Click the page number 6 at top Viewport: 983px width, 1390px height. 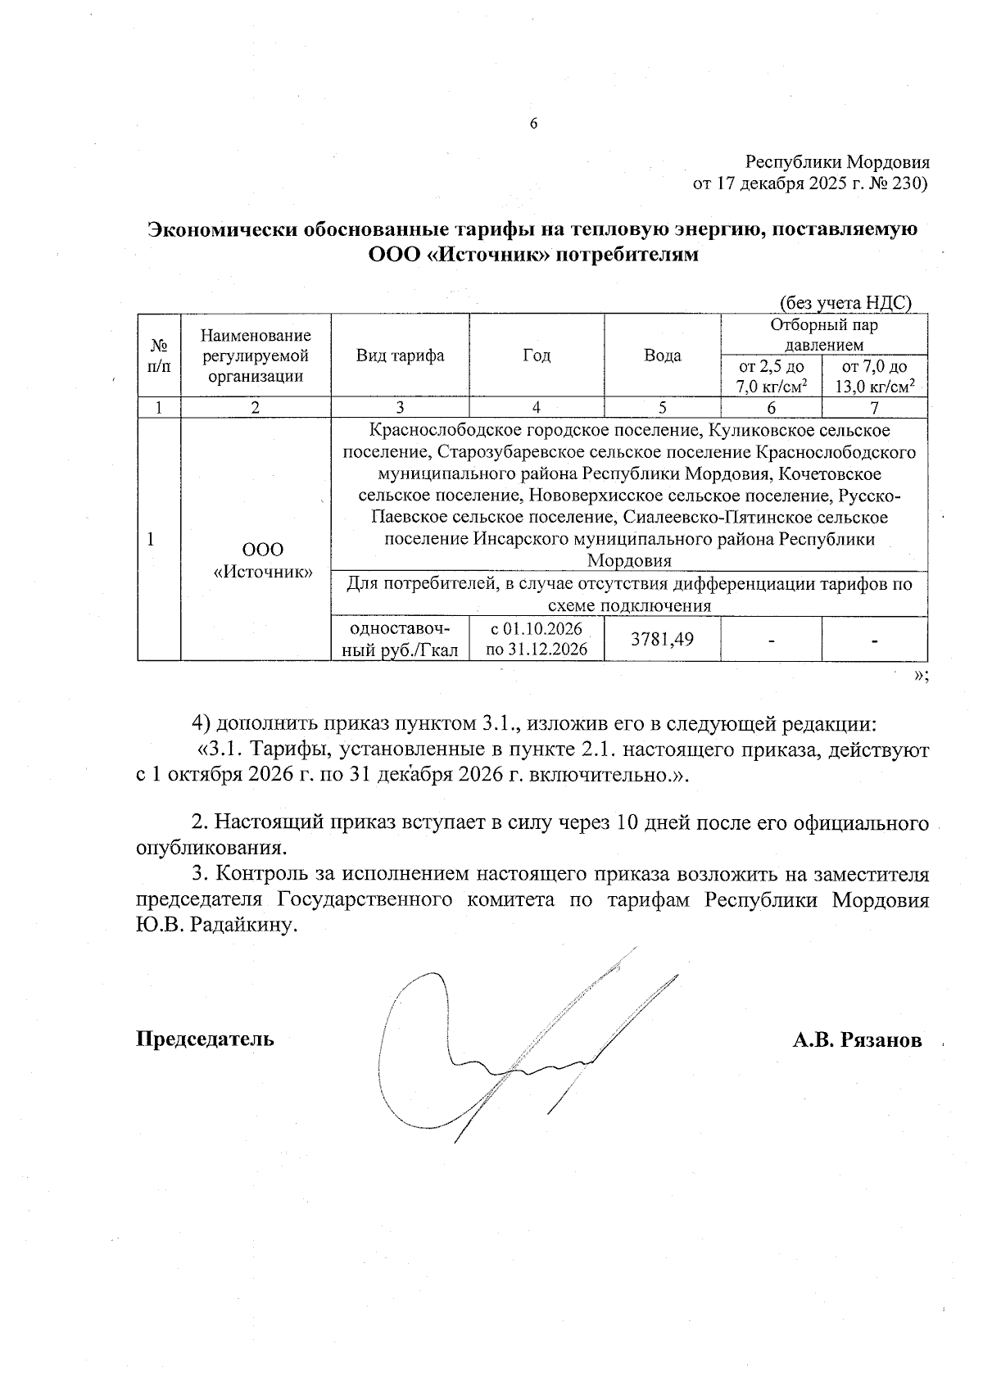[x=533, y=124]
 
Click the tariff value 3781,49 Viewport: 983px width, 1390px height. [x=663, y=638]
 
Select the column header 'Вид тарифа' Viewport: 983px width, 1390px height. [x=400, y=355]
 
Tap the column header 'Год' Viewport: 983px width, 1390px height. [x=537, y=355]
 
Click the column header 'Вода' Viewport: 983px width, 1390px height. [x=663, y=355]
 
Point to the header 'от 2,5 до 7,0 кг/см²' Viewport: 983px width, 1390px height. [x=771, y=377]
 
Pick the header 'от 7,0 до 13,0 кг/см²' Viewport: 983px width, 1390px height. [x=874, y=377]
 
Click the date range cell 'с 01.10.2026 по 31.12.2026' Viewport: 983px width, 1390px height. [x=536, y=639]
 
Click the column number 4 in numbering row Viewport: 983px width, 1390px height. [x=537, y=408]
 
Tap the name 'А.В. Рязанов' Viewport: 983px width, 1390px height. [x=857, y=1040]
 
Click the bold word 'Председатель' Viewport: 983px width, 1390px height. [x=205, y=1039]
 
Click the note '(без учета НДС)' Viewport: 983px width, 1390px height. [x=845, y=302]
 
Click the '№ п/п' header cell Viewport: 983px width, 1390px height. [x=159, y=355]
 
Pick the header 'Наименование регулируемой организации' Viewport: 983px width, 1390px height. [x=256, y=355]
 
